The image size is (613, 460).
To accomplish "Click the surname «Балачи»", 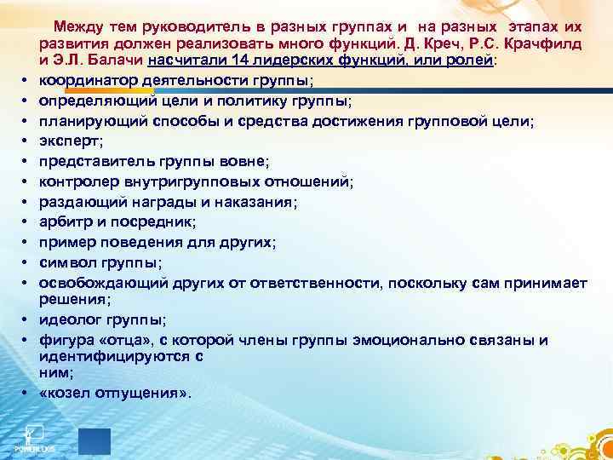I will pyautogui.click(x=115, y=61).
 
